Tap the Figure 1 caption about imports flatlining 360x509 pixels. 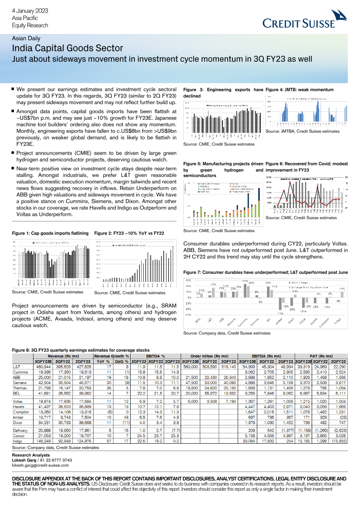pyautogui.click(x=50, y=233)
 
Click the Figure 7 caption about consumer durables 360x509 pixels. pyautogui.click(x=266, y=272)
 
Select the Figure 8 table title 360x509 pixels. pyautogui.click(x=81, y=350)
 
